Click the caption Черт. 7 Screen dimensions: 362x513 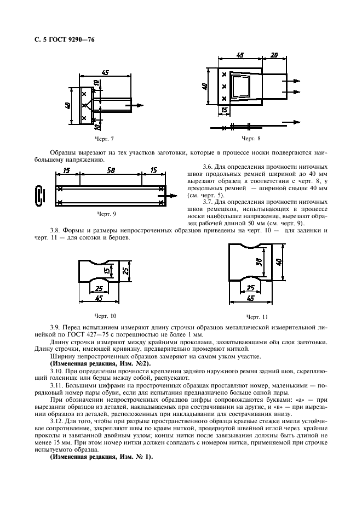click(x=104, y=139)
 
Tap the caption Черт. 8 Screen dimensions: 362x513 click(x=251, y=139)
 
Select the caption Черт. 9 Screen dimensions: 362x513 click(x=107, y=214)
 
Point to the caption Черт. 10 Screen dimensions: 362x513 click(x=105, y=316)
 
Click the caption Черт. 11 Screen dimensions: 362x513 click(x=257, y=317)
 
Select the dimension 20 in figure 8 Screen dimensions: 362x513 click(x=274, y=55)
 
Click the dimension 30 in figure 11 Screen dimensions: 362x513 click(x=258, y=261)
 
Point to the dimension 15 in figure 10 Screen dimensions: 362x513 click(x=106, y=270)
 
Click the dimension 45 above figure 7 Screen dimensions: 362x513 click(x=105, y=72)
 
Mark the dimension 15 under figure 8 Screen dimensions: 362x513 click(x=224, y=111)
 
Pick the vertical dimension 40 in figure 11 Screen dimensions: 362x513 click(x=278, y=262)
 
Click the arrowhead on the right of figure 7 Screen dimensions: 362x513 click(x=140, y=105)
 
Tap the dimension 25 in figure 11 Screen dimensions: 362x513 click(x=251, y=288)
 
